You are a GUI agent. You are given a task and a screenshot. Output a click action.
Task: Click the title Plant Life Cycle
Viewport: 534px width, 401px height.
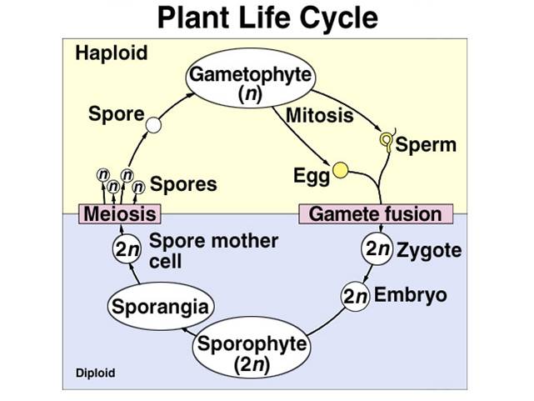[x=267, y=18]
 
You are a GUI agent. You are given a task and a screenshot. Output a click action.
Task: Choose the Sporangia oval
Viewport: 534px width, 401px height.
[x=157, y=307]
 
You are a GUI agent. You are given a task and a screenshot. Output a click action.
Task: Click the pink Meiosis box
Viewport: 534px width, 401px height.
[x=119, y=213]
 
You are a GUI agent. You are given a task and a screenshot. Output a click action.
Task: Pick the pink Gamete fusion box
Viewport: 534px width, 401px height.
[x=375, y=213]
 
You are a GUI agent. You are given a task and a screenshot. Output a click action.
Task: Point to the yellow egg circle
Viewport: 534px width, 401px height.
[x=340, y=172]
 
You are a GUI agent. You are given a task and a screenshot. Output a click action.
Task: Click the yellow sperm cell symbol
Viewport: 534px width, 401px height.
[x=387, y=141]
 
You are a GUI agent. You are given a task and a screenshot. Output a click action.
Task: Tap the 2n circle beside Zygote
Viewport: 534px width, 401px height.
[x=377, y=249]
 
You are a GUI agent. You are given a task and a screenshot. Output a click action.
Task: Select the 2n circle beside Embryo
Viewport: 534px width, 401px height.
[x=356, y=296]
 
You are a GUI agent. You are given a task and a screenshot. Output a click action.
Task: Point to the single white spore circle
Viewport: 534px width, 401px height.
[x=153, y=125]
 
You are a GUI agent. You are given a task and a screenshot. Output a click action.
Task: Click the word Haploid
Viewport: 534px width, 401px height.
[x=111, y=53]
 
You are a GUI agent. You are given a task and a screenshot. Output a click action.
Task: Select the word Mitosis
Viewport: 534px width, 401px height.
[x=319, y=116]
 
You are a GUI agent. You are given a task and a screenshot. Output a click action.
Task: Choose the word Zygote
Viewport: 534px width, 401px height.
[x=429, y=249]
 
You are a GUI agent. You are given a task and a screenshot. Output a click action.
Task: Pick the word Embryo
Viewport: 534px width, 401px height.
[x=410, y=295]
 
